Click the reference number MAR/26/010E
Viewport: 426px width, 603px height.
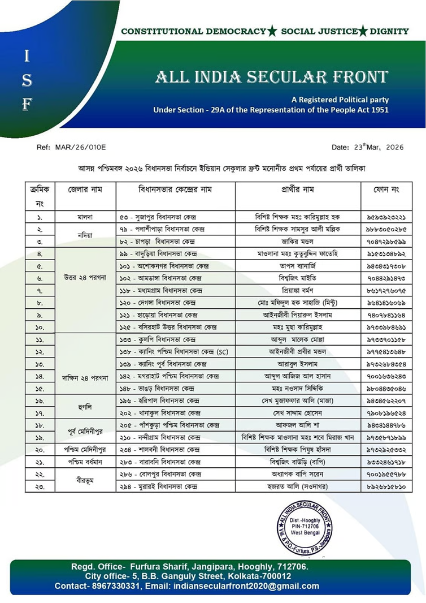tap(79, 147)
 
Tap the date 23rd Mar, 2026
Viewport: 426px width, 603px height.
tap(367, 147)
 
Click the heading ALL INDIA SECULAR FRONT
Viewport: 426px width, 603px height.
tap(272, 76)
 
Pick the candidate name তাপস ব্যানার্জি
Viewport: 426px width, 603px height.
tap(298, 266)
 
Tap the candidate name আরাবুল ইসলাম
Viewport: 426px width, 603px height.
tap(298, 364)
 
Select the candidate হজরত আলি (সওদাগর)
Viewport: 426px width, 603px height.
tap(298, 486)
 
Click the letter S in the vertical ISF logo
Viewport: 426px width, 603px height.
tap(27, 80)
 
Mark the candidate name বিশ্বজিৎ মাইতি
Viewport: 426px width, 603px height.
tap(298, 278)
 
